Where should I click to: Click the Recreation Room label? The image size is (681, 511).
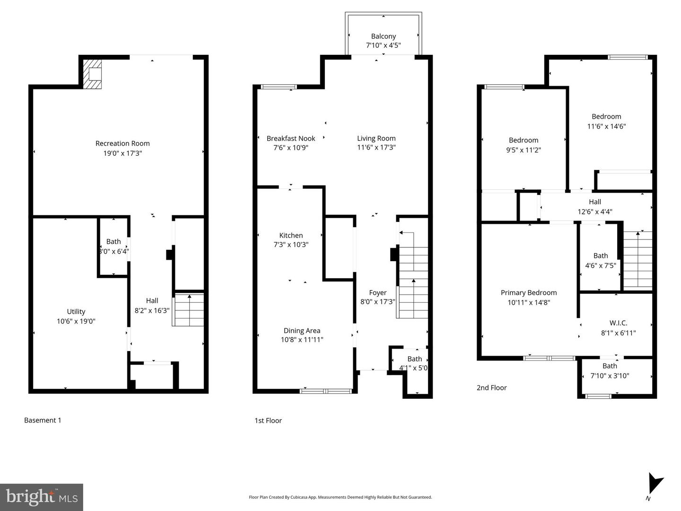[122, 143]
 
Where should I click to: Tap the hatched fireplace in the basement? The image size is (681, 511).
[92, 74]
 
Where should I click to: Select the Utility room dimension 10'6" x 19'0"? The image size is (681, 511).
[76, 321]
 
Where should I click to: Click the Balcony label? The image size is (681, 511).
[383, 36]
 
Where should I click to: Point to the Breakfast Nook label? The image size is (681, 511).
[291, 138]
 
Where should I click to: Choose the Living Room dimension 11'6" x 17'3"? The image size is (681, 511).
[376, 148]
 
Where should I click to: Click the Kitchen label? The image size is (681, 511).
[291, 235]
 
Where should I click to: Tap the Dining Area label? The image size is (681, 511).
[302, 331]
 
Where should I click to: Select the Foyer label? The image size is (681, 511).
[378, 293]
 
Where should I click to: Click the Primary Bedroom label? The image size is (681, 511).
[529, 293]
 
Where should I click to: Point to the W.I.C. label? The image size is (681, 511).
[618, 323]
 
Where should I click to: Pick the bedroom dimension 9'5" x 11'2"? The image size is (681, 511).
[524, 150]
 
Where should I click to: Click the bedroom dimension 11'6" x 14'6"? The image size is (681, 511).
[606, 126]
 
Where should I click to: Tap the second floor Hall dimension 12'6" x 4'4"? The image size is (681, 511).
[595, 212]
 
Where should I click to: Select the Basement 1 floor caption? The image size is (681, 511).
[43, 420]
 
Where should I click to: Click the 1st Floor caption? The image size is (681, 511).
[268, 420]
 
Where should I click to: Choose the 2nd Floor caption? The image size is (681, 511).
[491, 388]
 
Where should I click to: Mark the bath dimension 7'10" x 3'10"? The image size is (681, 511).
[610, 376]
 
